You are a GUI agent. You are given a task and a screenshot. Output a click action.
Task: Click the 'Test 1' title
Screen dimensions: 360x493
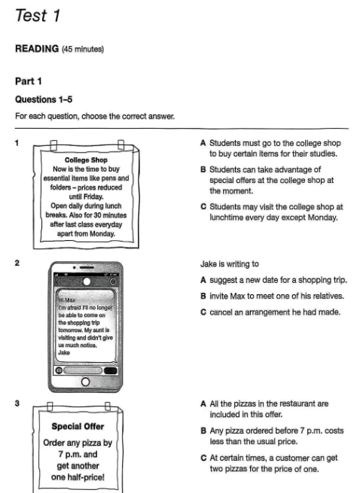pyautogui.click(x=38, y=15)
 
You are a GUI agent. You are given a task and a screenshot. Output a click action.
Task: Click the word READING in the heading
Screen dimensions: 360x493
pyautogui.click(x=37, y=49)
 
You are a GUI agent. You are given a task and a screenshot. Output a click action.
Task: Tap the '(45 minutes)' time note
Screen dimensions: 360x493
pyautogui.click(x=83, y=50)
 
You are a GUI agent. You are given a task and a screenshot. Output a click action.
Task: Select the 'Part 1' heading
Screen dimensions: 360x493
pyautogui.click(x=29, y=81)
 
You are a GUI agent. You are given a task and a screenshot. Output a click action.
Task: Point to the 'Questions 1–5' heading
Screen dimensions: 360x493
pyautogui.click(x=44, y=99)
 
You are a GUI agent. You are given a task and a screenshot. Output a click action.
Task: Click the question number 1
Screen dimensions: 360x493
pyautogui.click(x=17, y=143)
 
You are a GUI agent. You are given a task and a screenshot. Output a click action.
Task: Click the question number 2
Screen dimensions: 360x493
pyautogui.click(x=17, y=263)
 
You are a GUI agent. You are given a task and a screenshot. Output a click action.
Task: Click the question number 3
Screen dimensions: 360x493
pyautogui.click(x=17, y=403)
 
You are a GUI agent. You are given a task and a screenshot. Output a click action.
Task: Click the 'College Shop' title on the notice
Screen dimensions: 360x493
pyautogui.click(x=86, y=160)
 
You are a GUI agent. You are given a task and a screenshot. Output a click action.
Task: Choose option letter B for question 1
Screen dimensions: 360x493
pyautogui.click(x=203, y=169)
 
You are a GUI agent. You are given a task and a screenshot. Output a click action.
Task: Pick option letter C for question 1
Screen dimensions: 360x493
pyautogui.click(x=203, y=206)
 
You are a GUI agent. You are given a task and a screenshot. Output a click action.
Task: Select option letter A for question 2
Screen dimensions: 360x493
pyautogui.click(x=203, y=280)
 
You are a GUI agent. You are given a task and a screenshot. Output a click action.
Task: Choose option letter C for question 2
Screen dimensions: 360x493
pyautogui.click(x=203, y=312)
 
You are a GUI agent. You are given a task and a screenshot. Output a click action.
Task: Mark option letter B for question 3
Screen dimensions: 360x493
pyautogui.click(x=203, y=431)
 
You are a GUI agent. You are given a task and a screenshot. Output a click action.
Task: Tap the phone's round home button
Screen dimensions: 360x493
pyautogui.click(x=85, y=382)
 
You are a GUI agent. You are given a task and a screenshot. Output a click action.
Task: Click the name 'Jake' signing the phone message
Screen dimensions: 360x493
pyautogui.click(x=64, y=352)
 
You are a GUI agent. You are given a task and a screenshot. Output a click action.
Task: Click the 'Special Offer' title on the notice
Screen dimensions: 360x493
pyautogui.click(x=78, y=426)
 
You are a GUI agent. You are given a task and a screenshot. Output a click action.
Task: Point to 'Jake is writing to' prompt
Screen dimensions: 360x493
pyautogui.click(x=230, y=263)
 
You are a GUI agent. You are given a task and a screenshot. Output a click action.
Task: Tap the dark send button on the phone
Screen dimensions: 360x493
pyautogui.click(x=111, y=370)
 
